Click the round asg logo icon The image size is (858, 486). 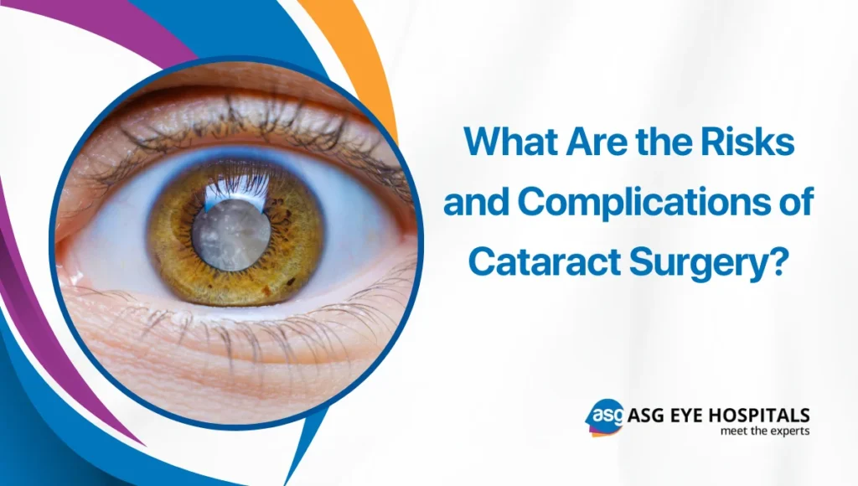coord(603,417)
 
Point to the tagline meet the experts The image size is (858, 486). coord(764,431)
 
